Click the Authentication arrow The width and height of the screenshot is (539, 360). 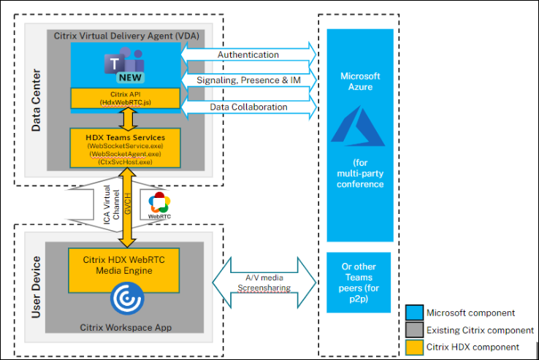[x=248, y=54]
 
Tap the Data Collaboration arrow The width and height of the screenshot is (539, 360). [x=248, y=107]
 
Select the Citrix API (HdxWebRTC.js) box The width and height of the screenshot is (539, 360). [x=125, y=99]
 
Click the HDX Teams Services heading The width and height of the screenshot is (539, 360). [x=125, y=137]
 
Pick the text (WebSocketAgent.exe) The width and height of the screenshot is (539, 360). [x=125, y=155]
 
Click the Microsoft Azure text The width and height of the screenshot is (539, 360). [x=359, y=81]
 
